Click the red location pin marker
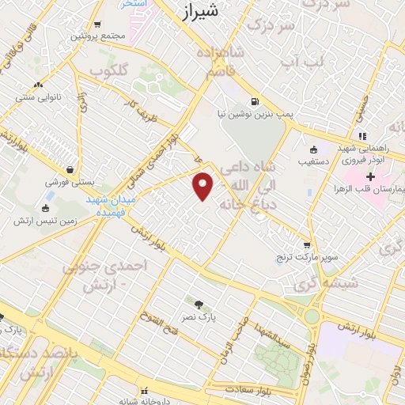pyautogui.click(x=203, y=185)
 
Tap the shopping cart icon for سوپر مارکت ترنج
pyautogui.click(x=307, y=244)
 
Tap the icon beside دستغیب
pyautogui.click(x=313, y=150)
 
